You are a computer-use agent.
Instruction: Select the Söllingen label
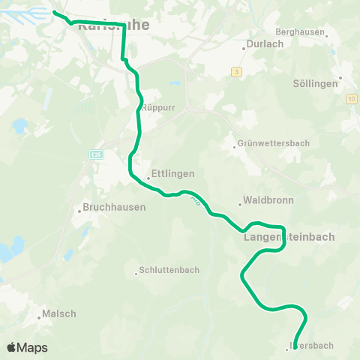pos(314,83)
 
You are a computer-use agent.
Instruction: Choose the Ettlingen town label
pos(172,173)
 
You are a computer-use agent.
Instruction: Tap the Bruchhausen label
pos(114,207)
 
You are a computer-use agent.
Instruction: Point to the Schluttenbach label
pos(169,270)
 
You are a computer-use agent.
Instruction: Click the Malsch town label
pos(59,313)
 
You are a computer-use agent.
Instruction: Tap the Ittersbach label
pos(311,345)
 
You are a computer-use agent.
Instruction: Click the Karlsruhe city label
pos(113,24)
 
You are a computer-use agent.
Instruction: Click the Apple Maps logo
pos(27,347)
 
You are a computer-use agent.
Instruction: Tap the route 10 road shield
pos(351,98)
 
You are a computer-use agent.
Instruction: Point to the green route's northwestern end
pos(55,11)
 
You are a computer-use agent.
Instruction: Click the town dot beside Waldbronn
pos(239,203)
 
